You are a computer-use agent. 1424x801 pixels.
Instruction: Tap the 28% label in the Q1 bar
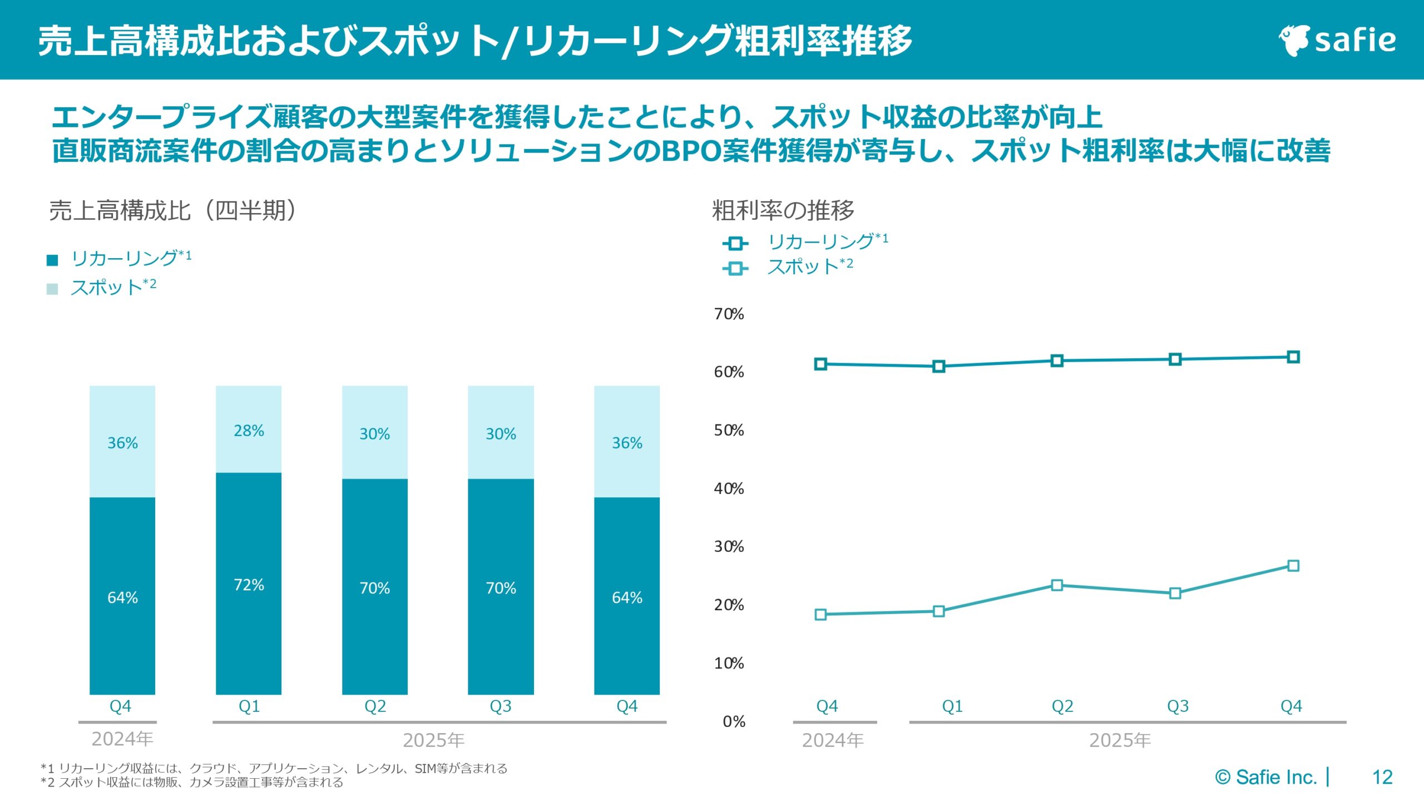[249, 431]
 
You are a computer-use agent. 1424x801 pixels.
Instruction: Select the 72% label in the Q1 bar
[249, 585]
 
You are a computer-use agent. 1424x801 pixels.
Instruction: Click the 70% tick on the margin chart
[729, 314]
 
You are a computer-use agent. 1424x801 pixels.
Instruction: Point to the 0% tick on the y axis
[734, 721]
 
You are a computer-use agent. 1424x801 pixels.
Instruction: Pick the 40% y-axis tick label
[729, 488]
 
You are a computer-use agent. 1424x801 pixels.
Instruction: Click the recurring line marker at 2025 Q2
[1057, 360]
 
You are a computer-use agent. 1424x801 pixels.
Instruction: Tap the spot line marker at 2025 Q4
[1293, 566]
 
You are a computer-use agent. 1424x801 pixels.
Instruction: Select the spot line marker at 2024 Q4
[820, 615]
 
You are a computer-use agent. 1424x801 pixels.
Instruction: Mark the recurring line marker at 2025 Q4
[1293, 357]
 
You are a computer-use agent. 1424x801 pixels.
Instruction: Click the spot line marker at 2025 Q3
[1175, 594]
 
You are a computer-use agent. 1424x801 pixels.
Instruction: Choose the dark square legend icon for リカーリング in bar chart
[52, 260]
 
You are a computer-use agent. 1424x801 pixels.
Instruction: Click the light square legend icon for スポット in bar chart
[52, 289]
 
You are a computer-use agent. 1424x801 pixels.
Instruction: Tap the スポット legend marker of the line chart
[735, 269]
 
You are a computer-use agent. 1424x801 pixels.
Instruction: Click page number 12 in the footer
[1382, 777]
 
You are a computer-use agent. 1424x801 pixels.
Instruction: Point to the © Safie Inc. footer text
[1266, 777]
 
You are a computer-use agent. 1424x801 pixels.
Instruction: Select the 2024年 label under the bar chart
[122, 739]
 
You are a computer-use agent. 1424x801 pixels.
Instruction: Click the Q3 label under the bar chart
[500, 706]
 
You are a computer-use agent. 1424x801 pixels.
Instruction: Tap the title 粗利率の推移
[783, 210]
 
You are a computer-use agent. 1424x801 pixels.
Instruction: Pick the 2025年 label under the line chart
[1119, 740]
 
